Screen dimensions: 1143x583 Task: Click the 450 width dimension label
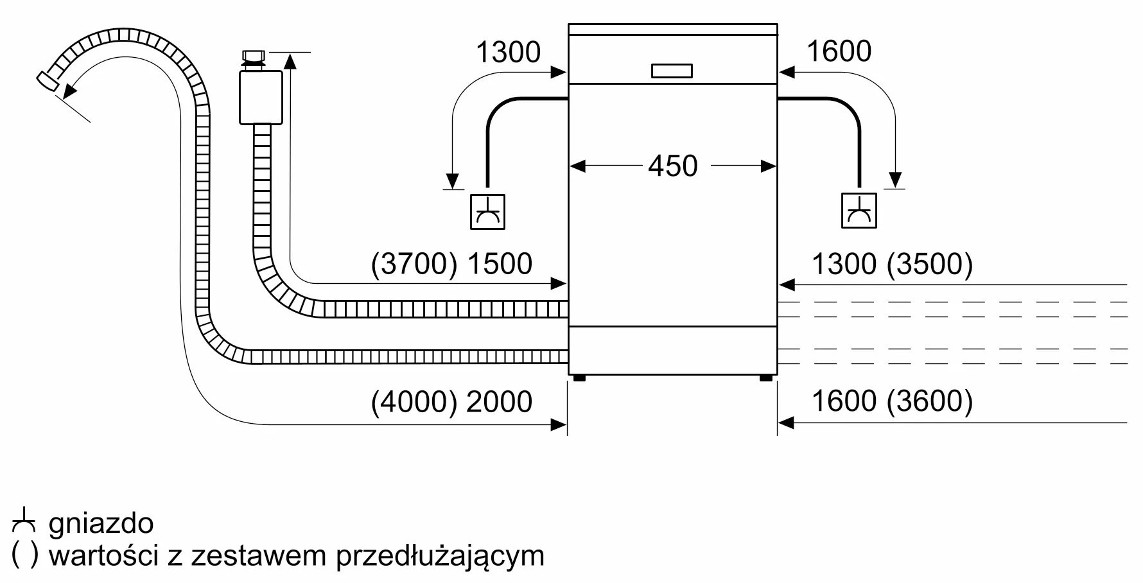(x=672, y=166)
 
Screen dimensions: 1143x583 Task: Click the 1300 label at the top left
(x=508, y=52)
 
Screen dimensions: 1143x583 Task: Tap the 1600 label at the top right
(x=839, y=51)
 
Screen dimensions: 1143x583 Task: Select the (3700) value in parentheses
(x=415, y=264)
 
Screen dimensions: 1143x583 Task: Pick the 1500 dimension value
(x=500, y=264)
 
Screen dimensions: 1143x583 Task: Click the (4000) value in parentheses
(x=415, y=401)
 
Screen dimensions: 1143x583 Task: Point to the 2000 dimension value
(x=500, y=401)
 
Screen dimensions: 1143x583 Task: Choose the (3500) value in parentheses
(x=930, y=264)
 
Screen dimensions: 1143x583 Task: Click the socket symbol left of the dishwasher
(x=488, y=211)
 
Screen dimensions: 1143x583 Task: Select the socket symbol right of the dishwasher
(x=859, y=210)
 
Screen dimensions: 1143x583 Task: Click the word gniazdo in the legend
(x=101, y=524)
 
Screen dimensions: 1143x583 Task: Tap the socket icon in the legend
(x=23, y=521)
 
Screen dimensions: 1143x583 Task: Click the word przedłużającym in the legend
(x=441, y=556)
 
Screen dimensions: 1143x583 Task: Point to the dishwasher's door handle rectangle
(x=672, y=71)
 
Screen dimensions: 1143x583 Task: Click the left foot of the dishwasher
(x=579, y=378)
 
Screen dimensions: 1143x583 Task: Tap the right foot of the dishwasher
(x=766, y=378)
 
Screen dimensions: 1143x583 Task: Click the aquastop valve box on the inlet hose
(x=261, y=98)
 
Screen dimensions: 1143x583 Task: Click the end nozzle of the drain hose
(x=48, y=81)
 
